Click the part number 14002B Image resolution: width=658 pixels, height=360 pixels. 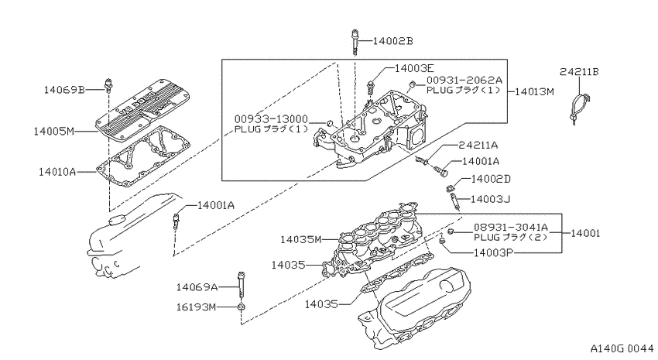392,41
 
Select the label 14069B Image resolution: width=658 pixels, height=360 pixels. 64,90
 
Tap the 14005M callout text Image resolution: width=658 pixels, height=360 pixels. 53,132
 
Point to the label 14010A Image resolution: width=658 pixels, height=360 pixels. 57,172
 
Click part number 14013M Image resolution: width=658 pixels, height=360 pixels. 534,91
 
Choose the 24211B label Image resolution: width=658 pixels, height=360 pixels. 579,72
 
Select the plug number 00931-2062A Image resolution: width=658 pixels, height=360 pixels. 464,81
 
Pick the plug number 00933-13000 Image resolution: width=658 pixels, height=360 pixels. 271,119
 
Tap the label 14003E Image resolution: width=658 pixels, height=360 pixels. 414,68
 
